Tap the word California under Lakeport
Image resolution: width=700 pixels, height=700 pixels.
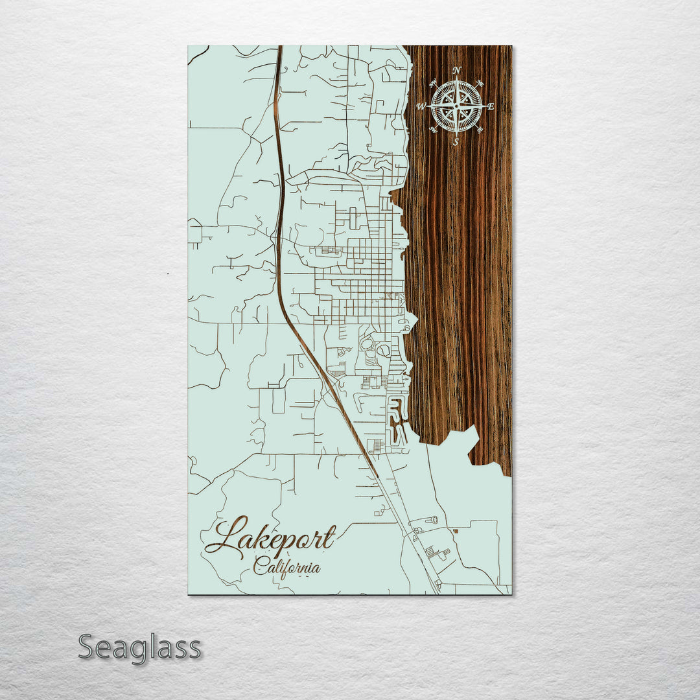[x=286, y=567]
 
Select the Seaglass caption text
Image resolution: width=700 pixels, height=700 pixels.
[x=139, y=647]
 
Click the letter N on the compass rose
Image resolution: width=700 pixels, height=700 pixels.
[x=458, y=70]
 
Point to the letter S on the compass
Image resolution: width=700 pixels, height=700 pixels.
[x=456, y=141]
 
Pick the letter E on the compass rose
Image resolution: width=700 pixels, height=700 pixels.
[x=491, y=106]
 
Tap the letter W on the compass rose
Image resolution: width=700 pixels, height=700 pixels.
[x=421, y=106]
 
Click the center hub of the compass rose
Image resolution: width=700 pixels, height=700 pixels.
[x=457, y=106]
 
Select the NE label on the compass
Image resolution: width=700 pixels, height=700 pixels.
[x=480, y=83]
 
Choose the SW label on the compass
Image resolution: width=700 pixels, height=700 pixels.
[x=434, y=130]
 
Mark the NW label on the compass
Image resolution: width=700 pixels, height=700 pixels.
[x=434, y=82]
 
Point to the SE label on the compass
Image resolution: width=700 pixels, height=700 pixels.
[x=480, y=130]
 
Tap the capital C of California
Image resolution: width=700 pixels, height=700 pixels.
[x=259, y=567]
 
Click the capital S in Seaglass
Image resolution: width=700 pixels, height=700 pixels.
[x=87, y=647]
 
